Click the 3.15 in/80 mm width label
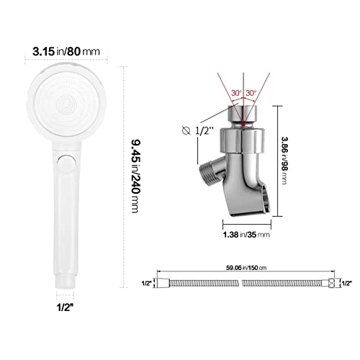(66, 51)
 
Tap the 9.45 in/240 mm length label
(135, 176)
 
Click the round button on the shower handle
(66, 163)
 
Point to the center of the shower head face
(66, 104)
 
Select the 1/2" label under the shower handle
(65, 307)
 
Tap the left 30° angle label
(237, 93)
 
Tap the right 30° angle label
(251, 93)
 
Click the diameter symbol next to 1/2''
(186, 131)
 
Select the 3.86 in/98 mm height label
(284, 161)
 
